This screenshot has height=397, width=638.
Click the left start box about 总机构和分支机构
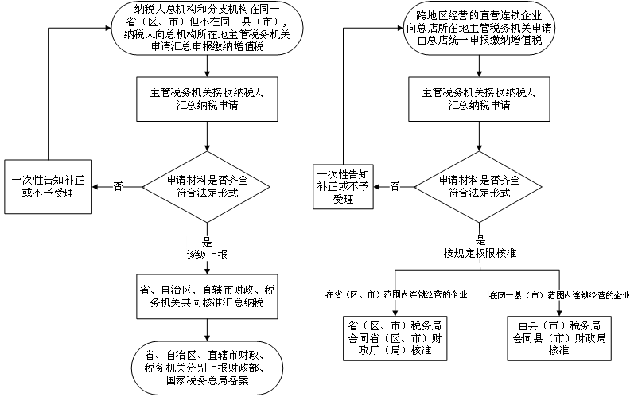pos(207,28)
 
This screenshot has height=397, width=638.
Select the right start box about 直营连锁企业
pos(480,28)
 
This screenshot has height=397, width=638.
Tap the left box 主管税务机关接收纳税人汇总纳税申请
pos(207,99)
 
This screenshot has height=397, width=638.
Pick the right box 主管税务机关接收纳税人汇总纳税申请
pos(480,99)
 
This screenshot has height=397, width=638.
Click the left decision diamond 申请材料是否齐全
pos(206,187)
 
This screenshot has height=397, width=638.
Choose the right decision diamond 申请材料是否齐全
pos(478,187)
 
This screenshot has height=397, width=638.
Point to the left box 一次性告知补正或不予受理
pos(48,187)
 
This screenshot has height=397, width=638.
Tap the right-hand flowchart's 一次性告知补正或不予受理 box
pos(343,187)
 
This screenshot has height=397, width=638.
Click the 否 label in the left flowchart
pos(118,187)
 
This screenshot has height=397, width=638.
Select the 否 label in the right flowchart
pos(395,187)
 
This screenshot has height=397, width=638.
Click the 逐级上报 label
pos(207,255)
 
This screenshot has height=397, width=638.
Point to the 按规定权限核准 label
pos(480,254)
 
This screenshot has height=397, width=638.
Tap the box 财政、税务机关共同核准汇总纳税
pos(207,297)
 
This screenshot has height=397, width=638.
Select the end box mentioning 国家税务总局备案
pos(207,368)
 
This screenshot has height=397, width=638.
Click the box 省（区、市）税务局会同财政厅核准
pos(395,338)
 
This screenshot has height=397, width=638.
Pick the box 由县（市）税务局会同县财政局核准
pos(559,338)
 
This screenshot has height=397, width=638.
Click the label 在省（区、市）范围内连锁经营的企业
pos(396,294)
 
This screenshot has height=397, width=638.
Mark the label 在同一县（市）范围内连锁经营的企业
pos(559,295)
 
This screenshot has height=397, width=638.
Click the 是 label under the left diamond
pos(207,243)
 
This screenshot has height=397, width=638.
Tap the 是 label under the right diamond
pos(480,240)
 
